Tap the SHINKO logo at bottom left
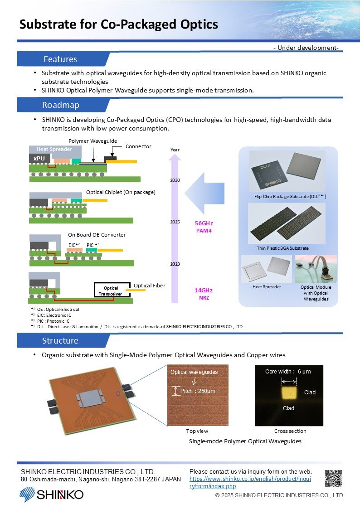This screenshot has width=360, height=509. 51,494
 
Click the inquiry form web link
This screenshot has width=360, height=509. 250,483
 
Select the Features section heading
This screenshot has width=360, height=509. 60,59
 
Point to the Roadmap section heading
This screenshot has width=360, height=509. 60,105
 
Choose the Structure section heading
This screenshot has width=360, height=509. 60,340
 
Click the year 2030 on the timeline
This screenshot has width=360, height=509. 175,180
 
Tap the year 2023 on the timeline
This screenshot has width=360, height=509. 175,263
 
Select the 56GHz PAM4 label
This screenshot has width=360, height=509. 204,227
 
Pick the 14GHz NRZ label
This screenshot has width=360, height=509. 204,294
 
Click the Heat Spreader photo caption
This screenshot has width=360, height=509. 267,287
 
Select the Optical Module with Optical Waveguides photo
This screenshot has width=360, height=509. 316,269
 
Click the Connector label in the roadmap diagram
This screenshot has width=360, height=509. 138,146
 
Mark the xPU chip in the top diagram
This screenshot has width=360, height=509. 39,158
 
